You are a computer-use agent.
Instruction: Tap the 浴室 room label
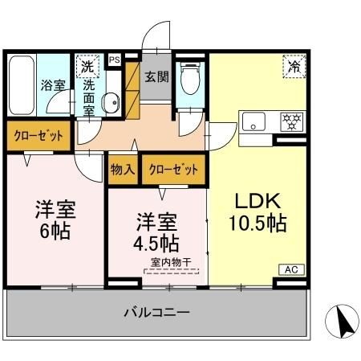point(53,84)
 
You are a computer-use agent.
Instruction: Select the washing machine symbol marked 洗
point(84,64)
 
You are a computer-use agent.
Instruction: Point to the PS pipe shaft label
point(114,59)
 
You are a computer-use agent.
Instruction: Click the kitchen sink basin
point(255,122)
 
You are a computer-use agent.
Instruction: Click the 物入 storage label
point(122,170)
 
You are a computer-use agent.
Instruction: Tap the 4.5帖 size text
point(157,242)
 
